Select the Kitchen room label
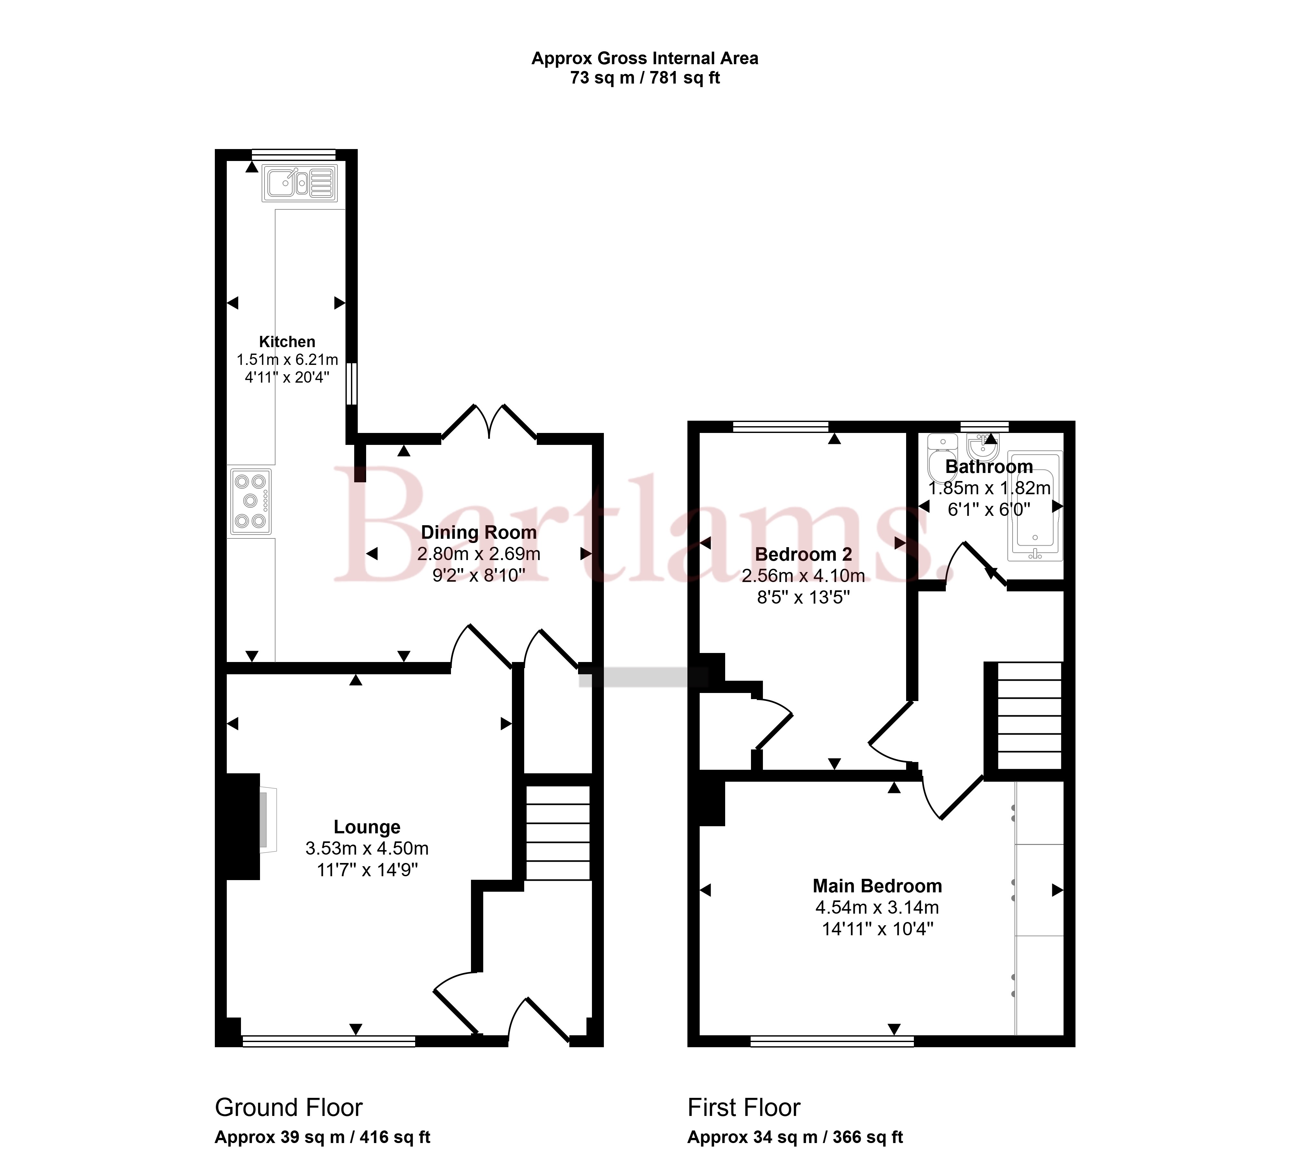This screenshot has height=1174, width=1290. pyautogui.click(x=287, y=342)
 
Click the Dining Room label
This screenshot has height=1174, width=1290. pyautogui.click(x=479, y=532)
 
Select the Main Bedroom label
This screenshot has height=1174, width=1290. pyautogui.click(x=877, y=886)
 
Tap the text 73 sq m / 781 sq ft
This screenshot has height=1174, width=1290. pyautogui.click(x=645, y=78)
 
